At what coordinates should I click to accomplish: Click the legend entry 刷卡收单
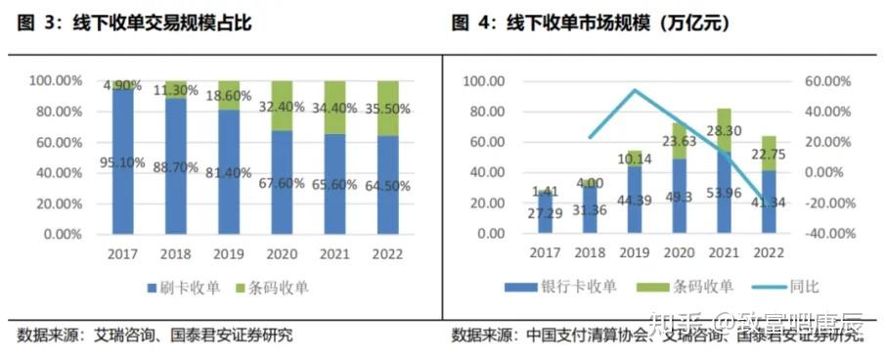coord(184,289)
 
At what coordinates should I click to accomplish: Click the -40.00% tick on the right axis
coord(824,235)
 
